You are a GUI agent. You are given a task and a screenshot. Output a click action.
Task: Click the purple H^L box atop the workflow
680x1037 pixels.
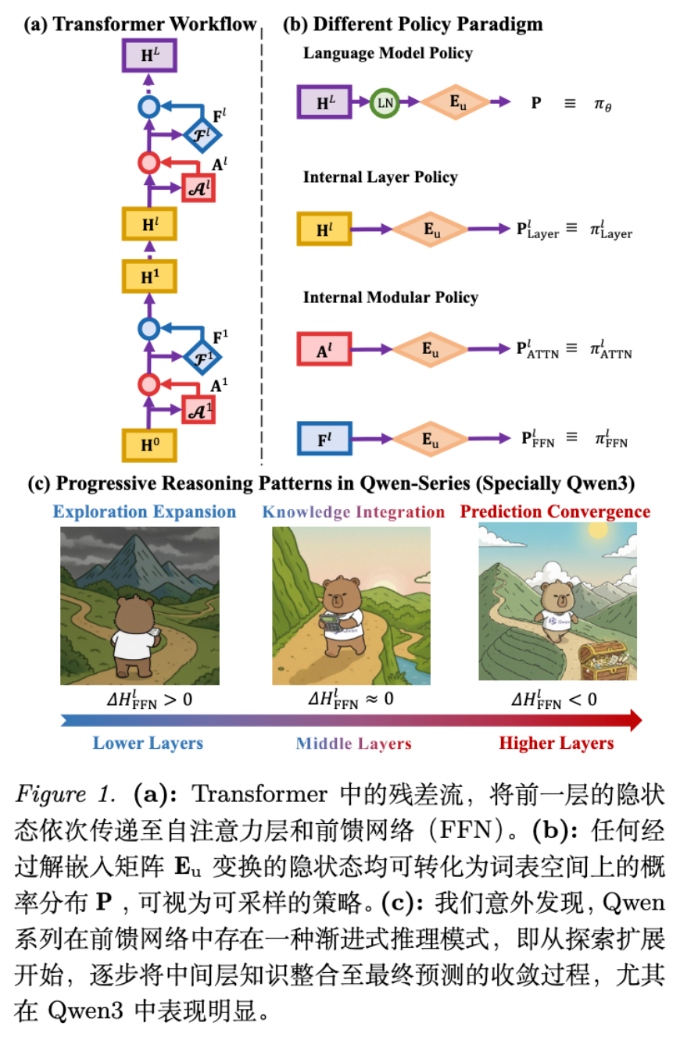(149, 55)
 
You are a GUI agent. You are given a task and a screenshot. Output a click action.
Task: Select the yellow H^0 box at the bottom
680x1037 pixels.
(149, 445)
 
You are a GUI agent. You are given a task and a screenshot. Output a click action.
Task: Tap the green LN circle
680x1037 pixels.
(385, 102)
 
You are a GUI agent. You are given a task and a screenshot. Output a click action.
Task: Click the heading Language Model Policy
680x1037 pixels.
(388, 53)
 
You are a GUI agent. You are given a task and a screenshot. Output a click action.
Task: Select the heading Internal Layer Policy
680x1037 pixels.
(380, 177)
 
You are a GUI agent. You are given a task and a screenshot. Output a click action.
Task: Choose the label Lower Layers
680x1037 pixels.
(148, 743)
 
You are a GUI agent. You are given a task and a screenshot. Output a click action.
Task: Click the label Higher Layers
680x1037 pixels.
(557, 743)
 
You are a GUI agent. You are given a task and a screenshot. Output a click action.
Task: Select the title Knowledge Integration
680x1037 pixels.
(353, 512)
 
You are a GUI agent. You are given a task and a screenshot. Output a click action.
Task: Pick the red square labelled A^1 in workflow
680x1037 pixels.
(198, 409)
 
